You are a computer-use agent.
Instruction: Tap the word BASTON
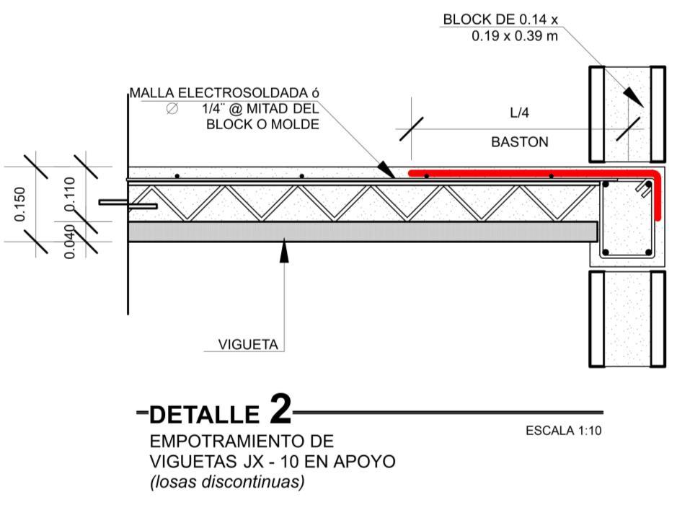(519, 142)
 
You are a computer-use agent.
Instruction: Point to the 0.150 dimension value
(19, 203)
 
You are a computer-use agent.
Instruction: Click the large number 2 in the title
(280, 409)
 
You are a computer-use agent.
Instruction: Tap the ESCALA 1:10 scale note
(563, 431)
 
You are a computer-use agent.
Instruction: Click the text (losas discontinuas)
(227, 481)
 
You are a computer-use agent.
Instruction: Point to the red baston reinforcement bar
(534, 173)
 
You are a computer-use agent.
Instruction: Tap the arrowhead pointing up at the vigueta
(284, 250)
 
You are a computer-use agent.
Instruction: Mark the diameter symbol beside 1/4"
(172, 109)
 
